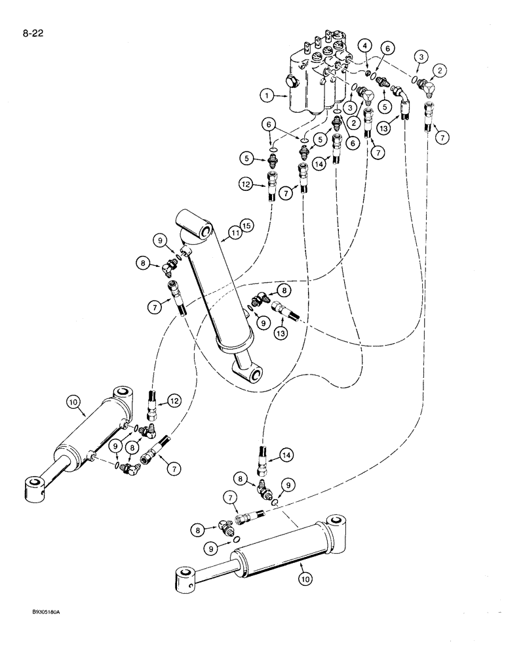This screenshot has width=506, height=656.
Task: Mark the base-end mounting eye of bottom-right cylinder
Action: [338, 523]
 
